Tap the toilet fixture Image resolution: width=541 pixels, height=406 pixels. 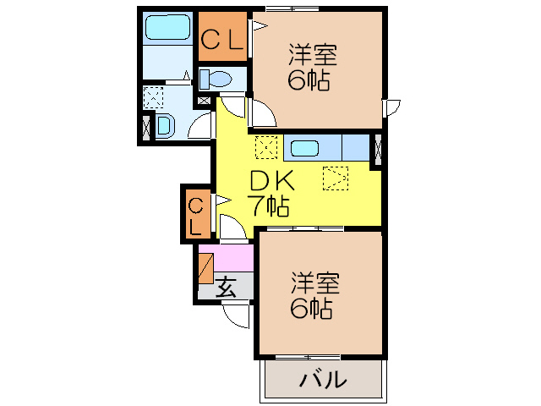coord(218,80)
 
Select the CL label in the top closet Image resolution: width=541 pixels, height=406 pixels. coord(222,38)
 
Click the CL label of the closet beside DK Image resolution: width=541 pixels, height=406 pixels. coord(195,215)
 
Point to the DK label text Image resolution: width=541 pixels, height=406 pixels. coord(271,181)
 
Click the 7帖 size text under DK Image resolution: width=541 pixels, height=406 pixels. coord(269,205)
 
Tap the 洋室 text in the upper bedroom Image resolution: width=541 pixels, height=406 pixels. coord(314,56)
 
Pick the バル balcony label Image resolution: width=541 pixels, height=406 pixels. coord(323,380)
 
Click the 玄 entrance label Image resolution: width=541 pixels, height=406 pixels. coord(227,287)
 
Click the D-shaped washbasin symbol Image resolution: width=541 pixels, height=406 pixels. coord(165,126)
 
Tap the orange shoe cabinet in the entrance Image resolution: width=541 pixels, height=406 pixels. coord(205,267)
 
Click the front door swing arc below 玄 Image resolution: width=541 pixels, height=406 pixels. coord(236,315)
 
